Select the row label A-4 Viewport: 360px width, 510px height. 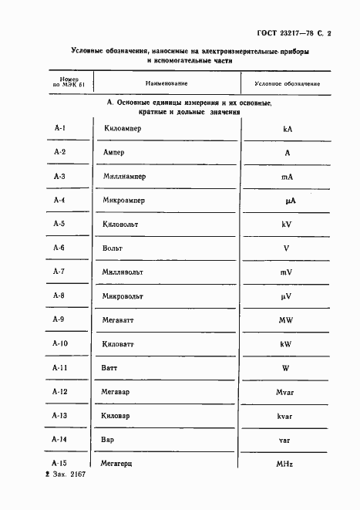[59, 201]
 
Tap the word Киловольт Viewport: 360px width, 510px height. [123, 225]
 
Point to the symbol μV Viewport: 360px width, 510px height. [287, 296]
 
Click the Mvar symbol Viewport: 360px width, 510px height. [287, 393]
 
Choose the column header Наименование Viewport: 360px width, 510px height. [166, 83]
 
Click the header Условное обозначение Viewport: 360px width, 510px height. [287, 83]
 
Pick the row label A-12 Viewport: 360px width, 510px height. [60, 392]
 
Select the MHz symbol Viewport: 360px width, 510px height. [287, 464]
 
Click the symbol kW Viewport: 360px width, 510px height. [287, 344]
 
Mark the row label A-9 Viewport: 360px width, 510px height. [59, 319]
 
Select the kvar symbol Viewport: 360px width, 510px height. [287, 417]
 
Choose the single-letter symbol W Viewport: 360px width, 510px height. [287, 368]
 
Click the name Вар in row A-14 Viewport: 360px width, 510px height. [108, 440]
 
